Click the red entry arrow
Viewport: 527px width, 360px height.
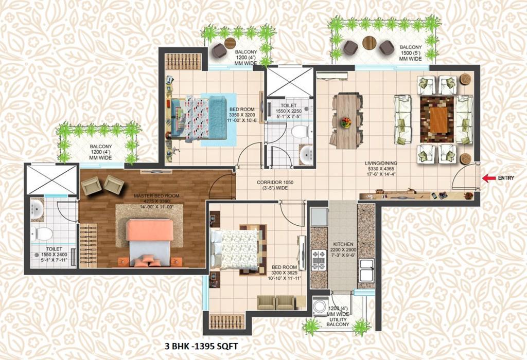tap(489, 178)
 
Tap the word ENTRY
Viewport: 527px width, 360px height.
tap(506, 178)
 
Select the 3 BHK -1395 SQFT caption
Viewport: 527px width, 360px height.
tap(201, 346)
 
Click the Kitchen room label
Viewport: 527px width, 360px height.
tap(343, 244)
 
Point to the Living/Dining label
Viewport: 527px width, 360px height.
tap(381, 163)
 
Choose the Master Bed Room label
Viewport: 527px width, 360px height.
tap(156, 196)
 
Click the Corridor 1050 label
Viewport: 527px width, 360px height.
tap(275, 183)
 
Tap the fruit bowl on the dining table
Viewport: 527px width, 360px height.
tap(345, 122)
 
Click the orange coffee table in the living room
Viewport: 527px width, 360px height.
tap(438, 119)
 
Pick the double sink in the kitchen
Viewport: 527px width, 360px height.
tap(366, 271)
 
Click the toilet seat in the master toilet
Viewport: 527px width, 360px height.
tap(42, 233)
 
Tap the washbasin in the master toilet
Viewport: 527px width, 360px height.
tap(37, 209)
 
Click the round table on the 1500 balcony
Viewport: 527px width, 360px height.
tap(370, 42)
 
